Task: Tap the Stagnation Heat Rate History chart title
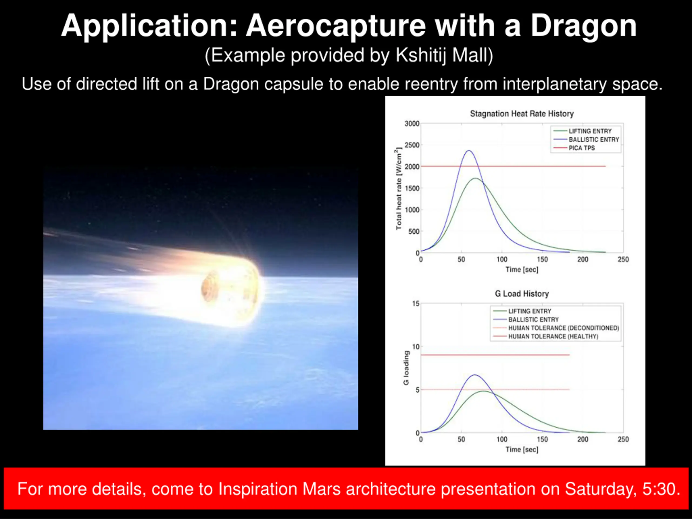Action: coord(522,114)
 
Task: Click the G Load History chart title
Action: coord(522,294)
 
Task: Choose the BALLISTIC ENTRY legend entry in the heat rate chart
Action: coord(586,139)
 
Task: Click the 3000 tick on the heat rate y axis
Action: coord(412,124)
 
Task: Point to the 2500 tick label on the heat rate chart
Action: coord(412,145)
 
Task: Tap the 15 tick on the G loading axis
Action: coord(416,304)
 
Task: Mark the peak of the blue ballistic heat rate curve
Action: coord(469,151)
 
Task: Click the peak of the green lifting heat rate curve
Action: coord(475,178)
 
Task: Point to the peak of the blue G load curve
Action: coord(475,375)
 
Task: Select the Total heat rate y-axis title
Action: coord(398,189)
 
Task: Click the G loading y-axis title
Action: coord(406,368)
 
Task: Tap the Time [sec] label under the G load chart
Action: coord(522,450)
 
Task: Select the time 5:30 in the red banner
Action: coord(661,489)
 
